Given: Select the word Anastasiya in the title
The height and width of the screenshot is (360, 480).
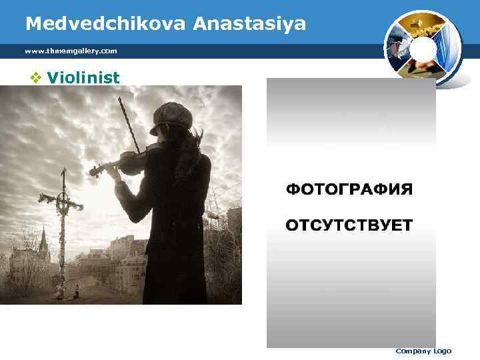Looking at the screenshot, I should coord(250,24).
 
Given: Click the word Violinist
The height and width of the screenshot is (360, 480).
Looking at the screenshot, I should coord(83,78).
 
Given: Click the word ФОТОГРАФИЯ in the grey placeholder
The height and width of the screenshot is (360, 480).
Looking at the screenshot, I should coord(349,190).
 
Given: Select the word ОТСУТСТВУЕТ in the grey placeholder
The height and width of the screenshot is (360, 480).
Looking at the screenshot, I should coord(349,225).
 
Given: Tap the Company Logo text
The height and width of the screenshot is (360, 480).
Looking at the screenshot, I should coord(423,351).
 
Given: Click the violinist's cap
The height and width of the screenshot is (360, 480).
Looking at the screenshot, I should coord(171,117).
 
